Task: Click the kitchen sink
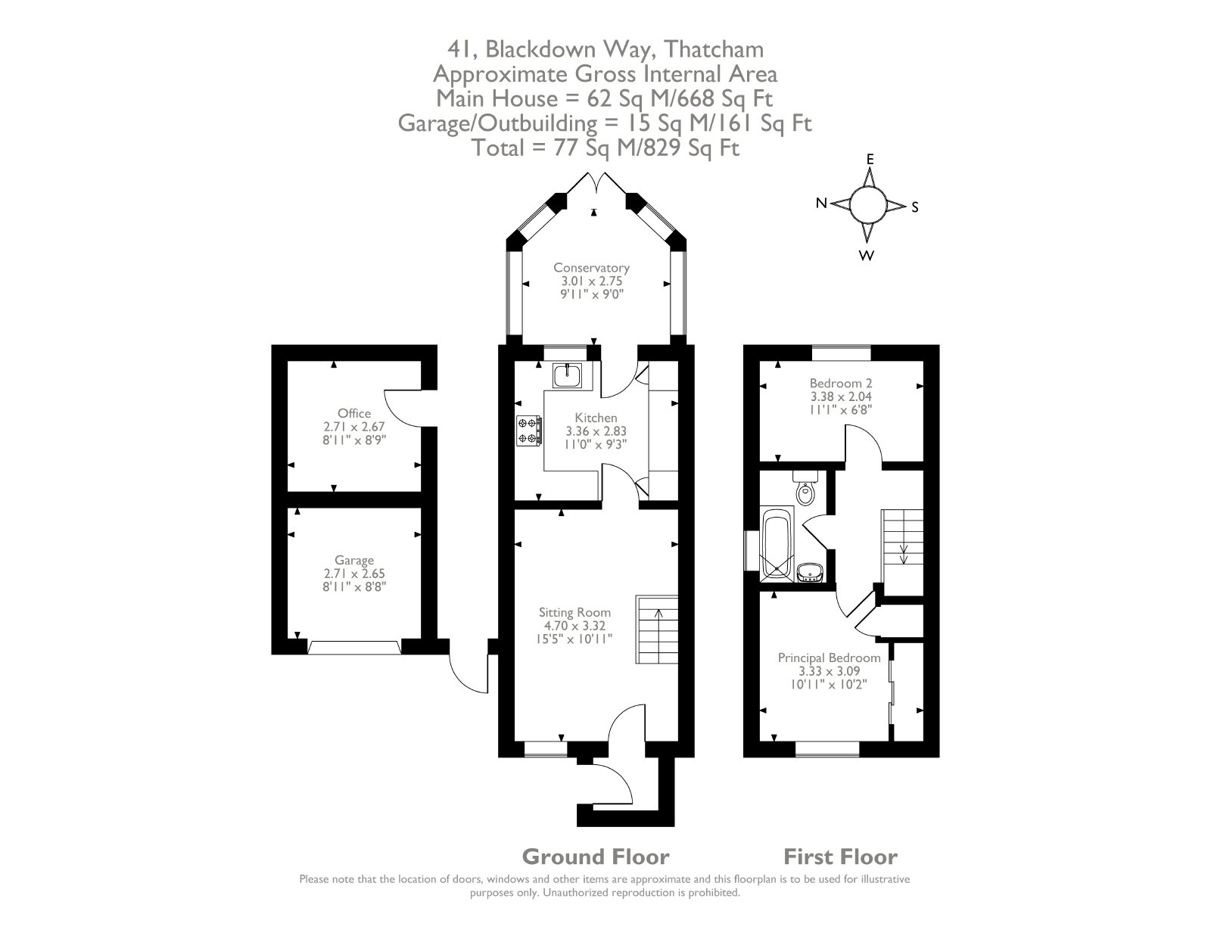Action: pos(567,375)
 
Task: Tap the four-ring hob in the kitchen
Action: pos(529,431)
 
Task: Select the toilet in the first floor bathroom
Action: pos(804,488)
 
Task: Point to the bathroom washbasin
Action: pos(810,572)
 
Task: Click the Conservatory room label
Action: pos(591,267)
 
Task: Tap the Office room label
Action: pos(354,413)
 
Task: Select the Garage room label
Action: pos(354,560)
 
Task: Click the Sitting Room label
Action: pos(574,612)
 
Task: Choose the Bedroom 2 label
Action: pos(840,384)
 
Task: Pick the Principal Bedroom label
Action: pos(829,658)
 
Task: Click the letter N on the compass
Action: pos(821,204)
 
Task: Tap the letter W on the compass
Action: pos(866,256)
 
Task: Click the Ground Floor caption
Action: pos(596,857)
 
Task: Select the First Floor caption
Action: pos(840,857)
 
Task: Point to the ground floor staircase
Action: pos(657,630)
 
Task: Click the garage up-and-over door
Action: pos(354,647)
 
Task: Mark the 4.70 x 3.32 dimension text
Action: pos(574,626)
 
